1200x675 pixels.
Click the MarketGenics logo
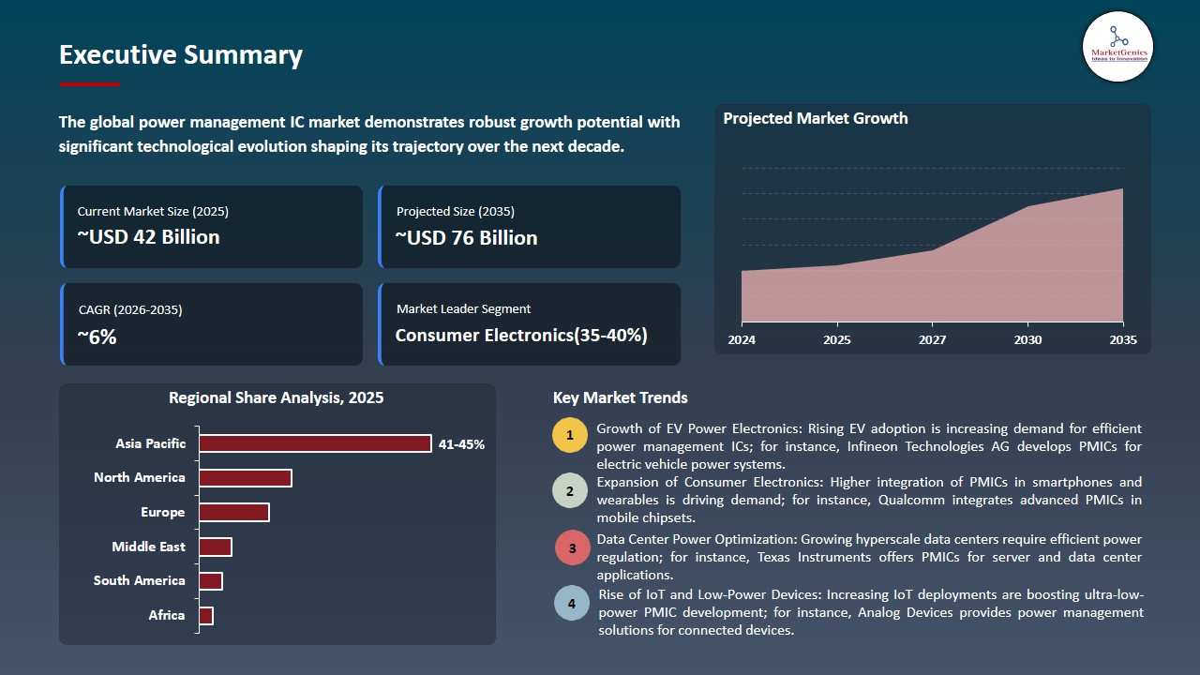point(1117,46)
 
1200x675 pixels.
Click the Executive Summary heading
point(181,55)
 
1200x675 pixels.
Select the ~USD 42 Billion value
point(148,237)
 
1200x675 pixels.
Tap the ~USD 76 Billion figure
point(466,238)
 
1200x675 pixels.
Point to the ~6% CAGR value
point(97,337)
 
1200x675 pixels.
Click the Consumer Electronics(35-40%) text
point(520,335)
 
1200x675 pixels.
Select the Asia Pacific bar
point(315,443)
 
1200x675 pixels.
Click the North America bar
point(246,478)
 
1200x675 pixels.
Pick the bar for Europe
point(234,512)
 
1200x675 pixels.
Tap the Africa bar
point(206,615)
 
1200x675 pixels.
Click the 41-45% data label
point(461,444)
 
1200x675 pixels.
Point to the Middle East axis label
point(148,547)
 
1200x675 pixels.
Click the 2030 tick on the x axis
point(1027,339)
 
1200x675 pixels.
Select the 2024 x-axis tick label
point(742,339)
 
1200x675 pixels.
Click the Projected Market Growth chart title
point(815,118)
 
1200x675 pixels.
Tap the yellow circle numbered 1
point(569,436)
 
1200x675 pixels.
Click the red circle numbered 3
point(572,547)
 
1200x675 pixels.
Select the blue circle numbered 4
point(572,603)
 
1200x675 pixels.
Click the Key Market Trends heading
point(620,397)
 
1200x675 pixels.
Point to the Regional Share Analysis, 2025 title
point(276,397)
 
